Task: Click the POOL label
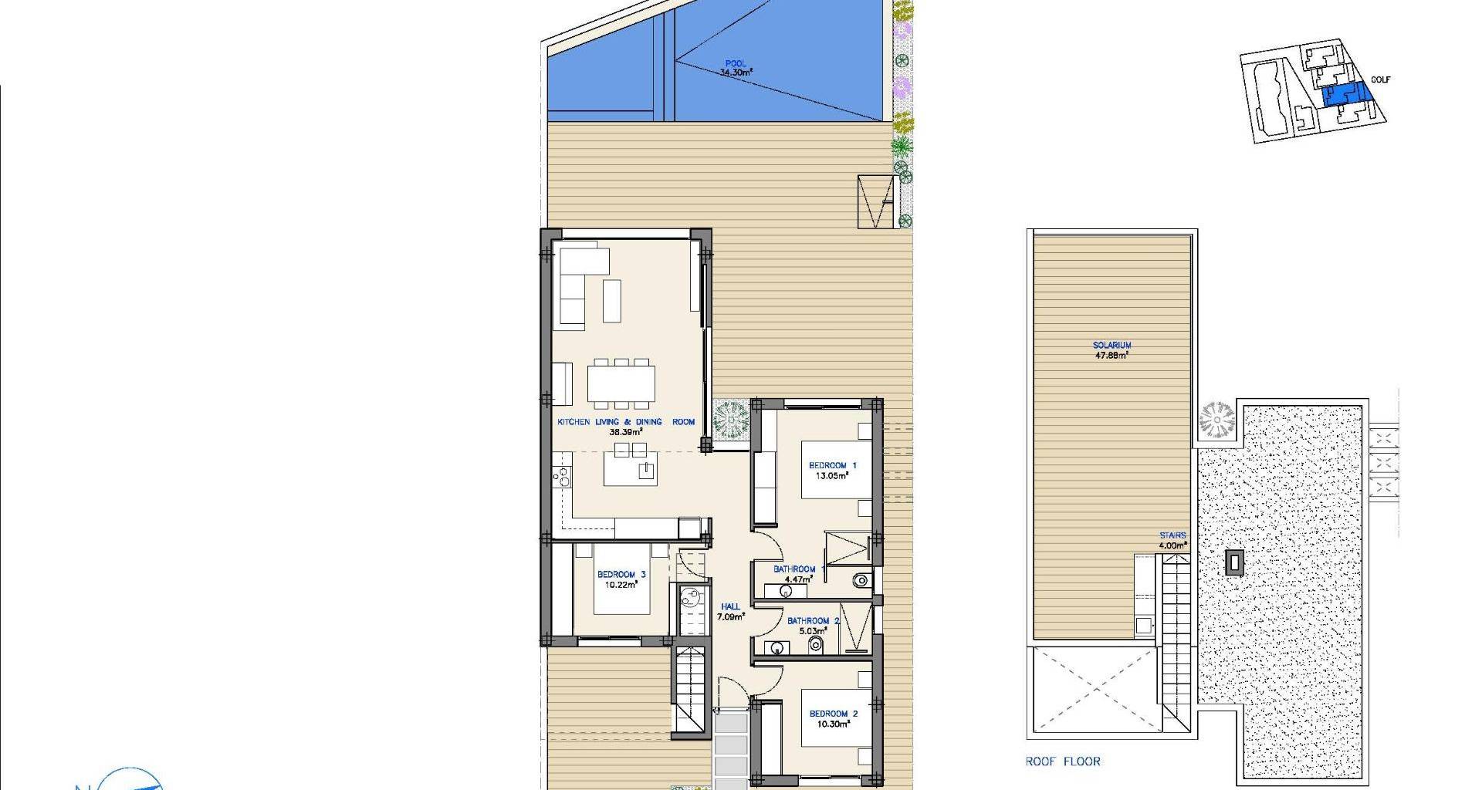click(736, 64)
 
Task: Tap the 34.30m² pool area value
click(736, 73)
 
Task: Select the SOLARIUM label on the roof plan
click(1111, 346)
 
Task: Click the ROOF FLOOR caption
click(1063, 761)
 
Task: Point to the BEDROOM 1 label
click(832, 465)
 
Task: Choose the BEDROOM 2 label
click(834, 714)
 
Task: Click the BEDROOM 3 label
click(621, 575)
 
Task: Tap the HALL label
click(729, 607)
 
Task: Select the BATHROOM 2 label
click(808, 621)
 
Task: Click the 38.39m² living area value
click(626, 432)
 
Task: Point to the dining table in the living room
click(621, 383)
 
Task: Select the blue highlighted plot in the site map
click(1346, 95)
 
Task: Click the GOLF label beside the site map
click(1381, 79)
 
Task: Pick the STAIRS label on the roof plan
click(1172, 535)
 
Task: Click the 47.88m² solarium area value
click(1111, 355)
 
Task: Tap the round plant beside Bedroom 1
click(729, 420)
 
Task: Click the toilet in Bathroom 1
click(861, 580)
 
